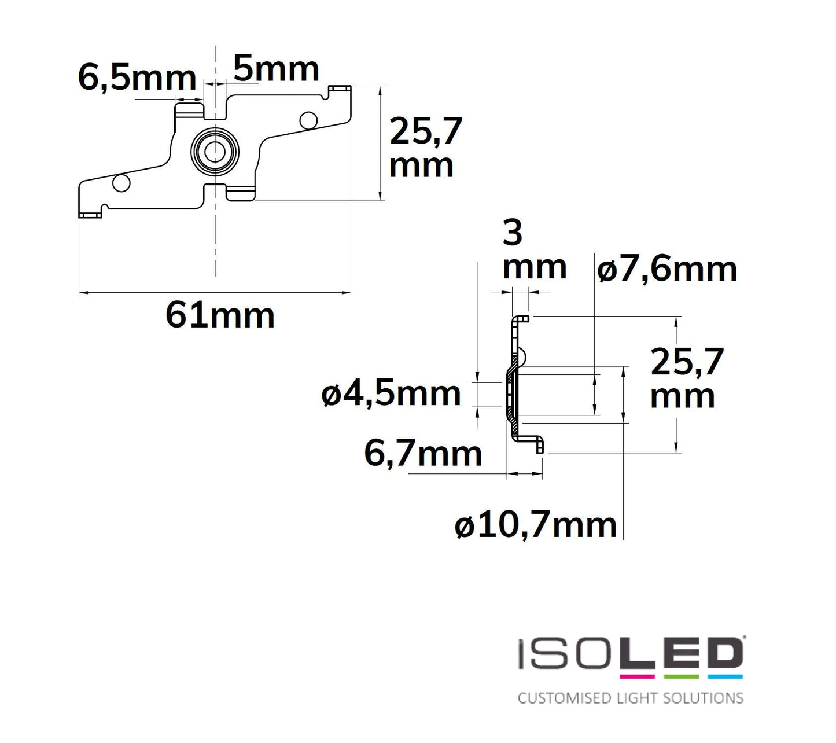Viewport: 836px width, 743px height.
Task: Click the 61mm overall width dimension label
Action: pyautogui.click(x=220, y=316)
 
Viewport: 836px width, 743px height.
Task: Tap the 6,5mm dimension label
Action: pyautogui.click(x=137, y=79)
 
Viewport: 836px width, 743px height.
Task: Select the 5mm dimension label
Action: pyautogui.click(x=276, y=68)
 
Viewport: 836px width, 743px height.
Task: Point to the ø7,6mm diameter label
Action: pyautogui.click(x=666, y=269)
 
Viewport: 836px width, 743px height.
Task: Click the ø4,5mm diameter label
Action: pyautogui.click(x=391, y=393)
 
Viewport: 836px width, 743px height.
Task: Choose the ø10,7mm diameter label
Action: pyautogui.click(x=536, y=525)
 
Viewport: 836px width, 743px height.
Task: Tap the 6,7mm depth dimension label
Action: pyautogui.click(x=423, y=454)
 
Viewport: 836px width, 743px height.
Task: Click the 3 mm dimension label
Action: pyautogui.click(x=535, y=251)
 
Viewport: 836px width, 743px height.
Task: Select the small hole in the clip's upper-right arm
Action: pyautogui.click(x=308, y=120)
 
